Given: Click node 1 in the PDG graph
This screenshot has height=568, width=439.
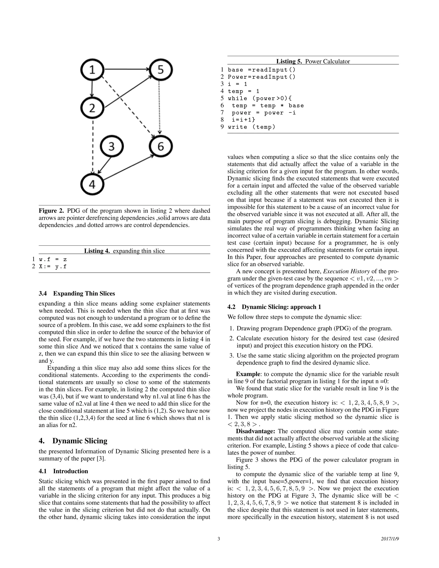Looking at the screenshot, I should click(92, 70).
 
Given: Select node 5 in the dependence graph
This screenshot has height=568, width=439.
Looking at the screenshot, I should click(161, 70).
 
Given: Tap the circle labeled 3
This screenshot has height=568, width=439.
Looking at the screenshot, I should click(111, 146).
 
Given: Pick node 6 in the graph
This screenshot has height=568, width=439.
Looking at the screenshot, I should click(161, 146).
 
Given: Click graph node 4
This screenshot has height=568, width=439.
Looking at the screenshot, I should click(92, 184).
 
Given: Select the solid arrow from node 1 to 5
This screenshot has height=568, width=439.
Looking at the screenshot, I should click(126, 69).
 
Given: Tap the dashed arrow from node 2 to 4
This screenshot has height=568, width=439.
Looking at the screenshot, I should click(93, 146).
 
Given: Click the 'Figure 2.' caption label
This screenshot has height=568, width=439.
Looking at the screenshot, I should click(51, 211).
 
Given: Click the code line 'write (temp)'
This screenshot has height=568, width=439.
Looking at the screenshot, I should click(251, 127).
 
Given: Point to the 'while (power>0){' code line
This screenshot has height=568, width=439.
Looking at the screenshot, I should click(260, 98).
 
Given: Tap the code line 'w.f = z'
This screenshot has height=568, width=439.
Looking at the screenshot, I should click(53, 259).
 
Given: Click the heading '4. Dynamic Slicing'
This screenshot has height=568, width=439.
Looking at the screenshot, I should click(73, 440).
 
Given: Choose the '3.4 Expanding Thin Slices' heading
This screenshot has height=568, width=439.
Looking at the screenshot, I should click(77, 293).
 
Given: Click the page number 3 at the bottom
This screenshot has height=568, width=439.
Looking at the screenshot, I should click(219, 539).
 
